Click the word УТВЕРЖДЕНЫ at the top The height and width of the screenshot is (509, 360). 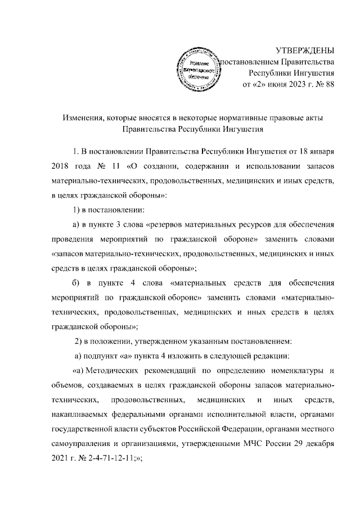304,49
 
